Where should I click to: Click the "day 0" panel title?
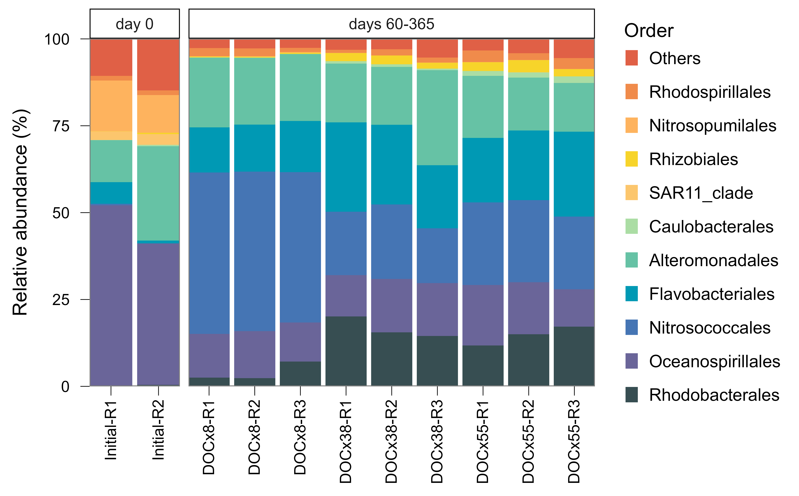click(135, 24)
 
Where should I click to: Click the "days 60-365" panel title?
click(391, 24)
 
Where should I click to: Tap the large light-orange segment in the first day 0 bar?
click(111, 106)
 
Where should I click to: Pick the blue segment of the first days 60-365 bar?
click(209, 253)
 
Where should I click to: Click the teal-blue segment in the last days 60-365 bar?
click(574, 174)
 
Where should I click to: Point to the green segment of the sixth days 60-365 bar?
click(437, 118)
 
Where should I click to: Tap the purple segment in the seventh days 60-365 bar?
click(483, 315)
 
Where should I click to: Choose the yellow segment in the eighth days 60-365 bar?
click(529, 66)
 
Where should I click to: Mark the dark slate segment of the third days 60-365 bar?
click(300, 373)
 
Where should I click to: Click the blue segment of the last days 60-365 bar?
click(574, 253)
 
